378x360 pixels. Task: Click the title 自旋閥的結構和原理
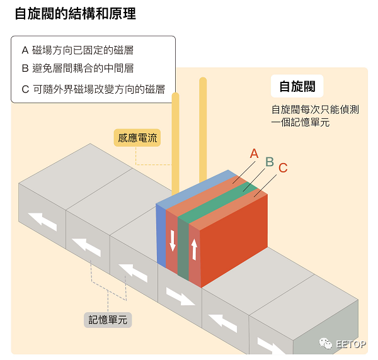[75, 13]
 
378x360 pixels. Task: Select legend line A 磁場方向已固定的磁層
[77, 50]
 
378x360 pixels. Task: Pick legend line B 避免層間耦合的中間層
[77, 69]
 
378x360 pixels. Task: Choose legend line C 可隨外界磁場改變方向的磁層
[93, 89]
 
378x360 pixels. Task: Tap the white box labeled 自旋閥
[297, 86]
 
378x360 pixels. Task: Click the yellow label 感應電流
[137, 138]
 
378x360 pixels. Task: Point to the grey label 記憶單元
[108, 320]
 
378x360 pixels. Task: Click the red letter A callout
[254, 154]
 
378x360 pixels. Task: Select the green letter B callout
[270, 162]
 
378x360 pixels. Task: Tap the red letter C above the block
[283, 168]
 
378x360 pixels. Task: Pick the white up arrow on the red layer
[194, 249]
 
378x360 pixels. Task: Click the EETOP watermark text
[351, 344]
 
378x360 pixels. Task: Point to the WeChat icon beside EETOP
[326, 344]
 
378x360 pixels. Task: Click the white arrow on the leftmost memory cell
[42, 222]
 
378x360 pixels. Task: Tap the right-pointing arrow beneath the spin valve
[181, 296]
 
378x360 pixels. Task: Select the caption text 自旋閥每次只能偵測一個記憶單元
[315, 116]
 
